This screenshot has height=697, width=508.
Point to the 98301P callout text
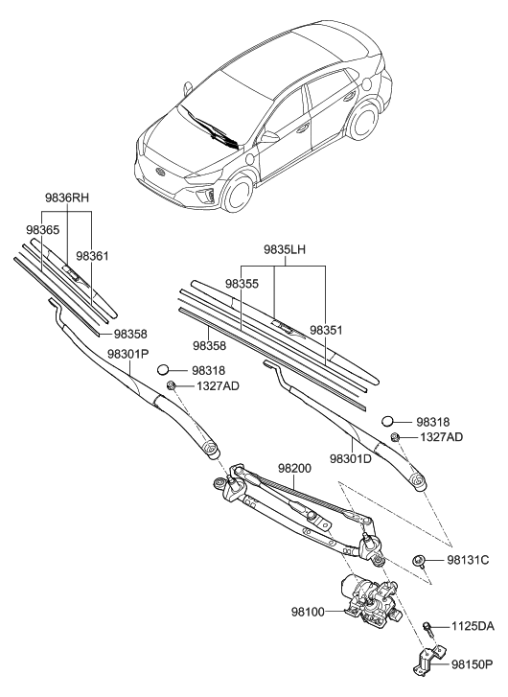[128, 354]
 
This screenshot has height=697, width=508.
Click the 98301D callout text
[352, 457]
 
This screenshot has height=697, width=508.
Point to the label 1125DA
[472, 627]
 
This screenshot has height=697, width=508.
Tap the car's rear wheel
[363, 135]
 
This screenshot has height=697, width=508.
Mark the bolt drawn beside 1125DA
[427, 628]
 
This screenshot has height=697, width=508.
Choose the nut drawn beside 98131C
[419, 559]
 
